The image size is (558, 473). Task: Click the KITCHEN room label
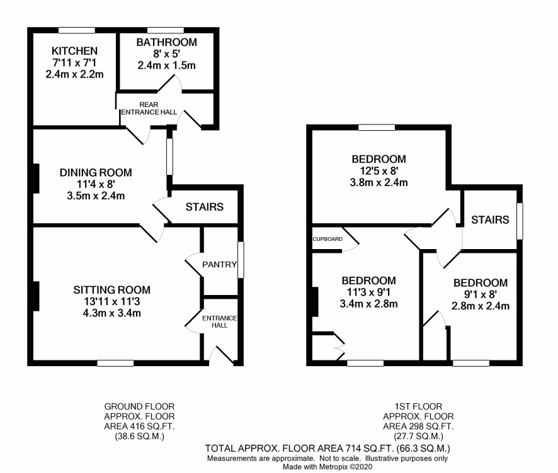pyautogui.click(x=74, y=51)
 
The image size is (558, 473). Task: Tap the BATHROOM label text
pyautogui.click(x=166, y=42)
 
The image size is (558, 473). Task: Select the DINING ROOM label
pyautogui.click(x=96, y=173)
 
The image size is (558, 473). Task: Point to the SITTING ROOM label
pyautogui.click(x=111, y=290)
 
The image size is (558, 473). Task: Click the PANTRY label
pyautogui.click(x=219, y=264)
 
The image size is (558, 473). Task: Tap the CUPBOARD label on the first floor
pyautogui.click(x=327, y=239)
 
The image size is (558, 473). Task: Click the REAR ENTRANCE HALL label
pyautogui.click(x=149, y=108)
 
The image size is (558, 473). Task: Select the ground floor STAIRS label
pyautogui.click(x=204, y=207)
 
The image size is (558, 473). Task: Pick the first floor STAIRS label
pyautogui.click(x=490, y=220)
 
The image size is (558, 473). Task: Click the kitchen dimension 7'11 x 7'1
pyautogui.click(x=74, y=63)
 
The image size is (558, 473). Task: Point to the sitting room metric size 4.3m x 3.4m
pyautogui.click(x=111, y=313)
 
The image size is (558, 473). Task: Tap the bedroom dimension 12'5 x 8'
pyautogui.click(x=379, y=171)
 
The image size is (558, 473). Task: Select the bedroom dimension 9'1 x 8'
pyautogui.click(x=481, y=294)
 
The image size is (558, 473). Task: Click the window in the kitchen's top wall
pyautogui.click(x=77, y=31)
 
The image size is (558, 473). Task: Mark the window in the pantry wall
pyautogui.click(x=241, y=260)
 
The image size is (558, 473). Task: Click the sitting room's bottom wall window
pyautogui.click(x=115, y=363)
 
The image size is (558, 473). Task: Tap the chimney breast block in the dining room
pyautogui.click(x=36, y=178)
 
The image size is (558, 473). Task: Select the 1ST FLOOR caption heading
pyautogui.click(x=418, y=406)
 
